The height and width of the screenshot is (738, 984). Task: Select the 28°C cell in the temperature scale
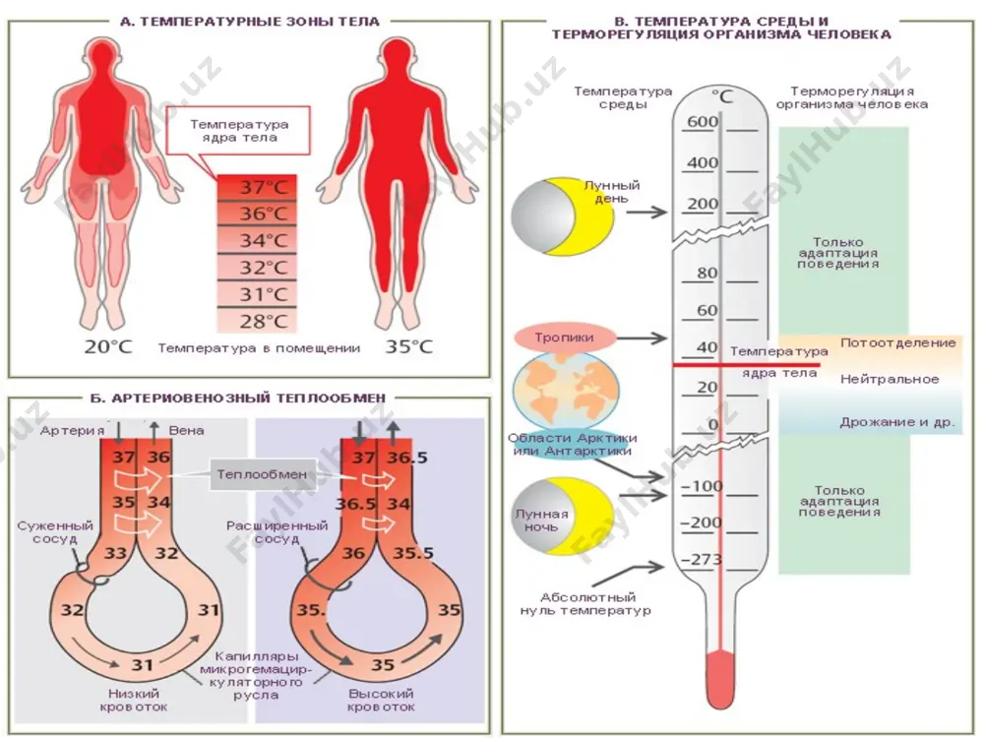tap(257, 322)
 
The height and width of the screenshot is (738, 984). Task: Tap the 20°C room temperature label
tap(108, 347)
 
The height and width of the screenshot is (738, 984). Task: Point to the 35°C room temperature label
tap(409, 347)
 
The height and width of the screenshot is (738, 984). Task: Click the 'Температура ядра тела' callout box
tap(238, 131)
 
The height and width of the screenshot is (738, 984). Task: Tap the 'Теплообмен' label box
tap(262, 474)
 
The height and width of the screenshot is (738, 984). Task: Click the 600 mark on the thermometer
tap(703, 121)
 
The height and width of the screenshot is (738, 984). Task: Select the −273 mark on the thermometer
tap(702, 559)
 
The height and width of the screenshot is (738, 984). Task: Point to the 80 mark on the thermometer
tap(707, 273)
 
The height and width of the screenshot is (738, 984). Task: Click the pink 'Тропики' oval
tap(564, 338)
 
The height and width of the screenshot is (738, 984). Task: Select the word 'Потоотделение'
tap(898, 342)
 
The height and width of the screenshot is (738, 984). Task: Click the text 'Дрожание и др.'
tap(897, 422)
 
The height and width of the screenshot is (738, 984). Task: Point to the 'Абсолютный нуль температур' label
tap(585, 604)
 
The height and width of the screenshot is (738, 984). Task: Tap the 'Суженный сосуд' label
tap(55, 532)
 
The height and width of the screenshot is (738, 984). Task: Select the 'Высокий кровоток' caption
tap(381, 701)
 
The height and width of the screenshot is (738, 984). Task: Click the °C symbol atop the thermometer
tap(722, 96)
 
